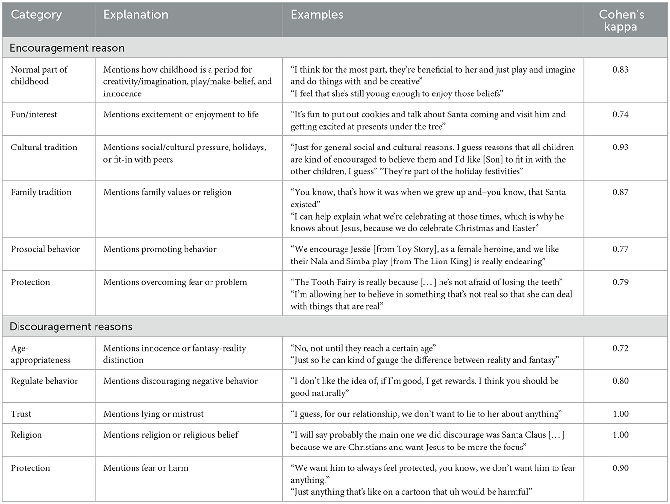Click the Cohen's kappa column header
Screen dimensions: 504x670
click(x=621, y=20)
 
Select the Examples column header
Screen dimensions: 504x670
click(x=317, y=15)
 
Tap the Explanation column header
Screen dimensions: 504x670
click(x=135, y=15)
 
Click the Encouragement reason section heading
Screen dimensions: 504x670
click(x=67, y=48)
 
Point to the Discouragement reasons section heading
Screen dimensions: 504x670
click(x=71, y=327)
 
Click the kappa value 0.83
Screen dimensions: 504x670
click(x=620, y=70)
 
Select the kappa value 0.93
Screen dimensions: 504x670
click(x=620, y=148)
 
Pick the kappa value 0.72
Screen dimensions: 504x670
click(x=620, y=348)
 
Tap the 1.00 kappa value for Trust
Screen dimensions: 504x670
click(x=620, y=414)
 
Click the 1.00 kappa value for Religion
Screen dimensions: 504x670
click(x=620, y=435)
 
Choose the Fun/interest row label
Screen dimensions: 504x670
click(x=34, y=115)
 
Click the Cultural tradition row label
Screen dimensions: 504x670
click(x=44, y=148)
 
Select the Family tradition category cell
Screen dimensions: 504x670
click(x=41, y=192)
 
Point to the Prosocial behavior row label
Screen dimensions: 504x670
click(x=45, y=249)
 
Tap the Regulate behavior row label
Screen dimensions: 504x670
click(x=44, y=381)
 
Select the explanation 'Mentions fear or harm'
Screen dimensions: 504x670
click(x=146, y=468)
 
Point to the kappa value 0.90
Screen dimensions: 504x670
click(x=620, y=468)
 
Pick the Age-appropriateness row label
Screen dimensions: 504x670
click(x=40, y=354)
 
